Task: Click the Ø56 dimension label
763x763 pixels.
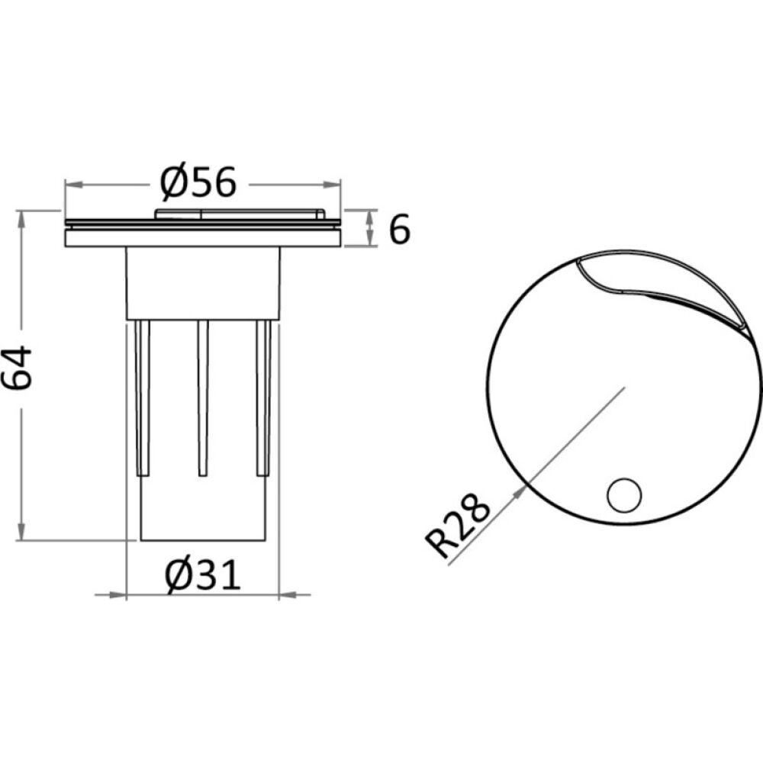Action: click(x=198, y=183)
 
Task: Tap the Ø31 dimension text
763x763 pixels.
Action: click(x=203, y=575)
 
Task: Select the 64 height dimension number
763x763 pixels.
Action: click(x=18, y=368)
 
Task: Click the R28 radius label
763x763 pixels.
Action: click(x=457, y=526)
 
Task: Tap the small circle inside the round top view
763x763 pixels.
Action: click(x=624, y=495)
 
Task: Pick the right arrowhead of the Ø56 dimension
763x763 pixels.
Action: click(x=331, y=185)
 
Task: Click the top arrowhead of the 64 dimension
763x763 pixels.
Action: click(x=21, y=220)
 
